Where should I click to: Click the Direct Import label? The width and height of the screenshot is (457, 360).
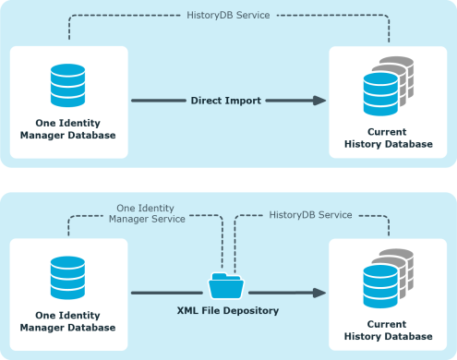pyautogui.click(x=226, y=99)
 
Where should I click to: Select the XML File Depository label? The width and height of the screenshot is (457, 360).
pyautogui.click(x=227, y=311)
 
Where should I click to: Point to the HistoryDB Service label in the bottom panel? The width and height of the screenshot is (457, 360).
pyautogui.click(x=310, y=214)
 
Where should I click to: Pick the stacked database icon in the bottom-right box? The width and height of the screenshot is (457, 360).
pyautogui.click(x=387, y=276)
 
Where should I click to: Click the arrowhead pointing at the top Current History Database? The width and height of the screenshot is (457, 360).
pyautogui.click(x=319, y=100)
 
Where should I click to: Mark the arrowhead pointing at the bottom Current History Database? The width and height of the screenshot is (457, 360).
pyautogui.click(x=319, y=293)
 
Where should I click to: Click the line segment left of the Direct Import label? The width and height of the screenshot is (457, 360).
pyautogui.click(x=157, y=100)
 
